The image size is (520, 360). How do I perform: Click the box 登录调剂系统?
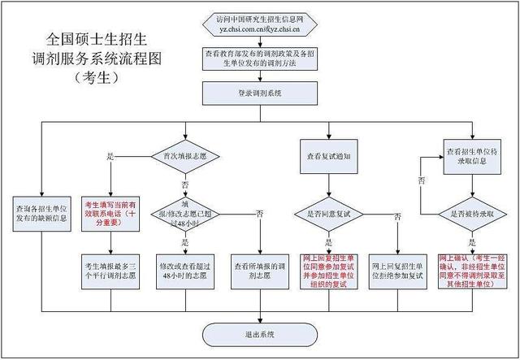click(260, 94)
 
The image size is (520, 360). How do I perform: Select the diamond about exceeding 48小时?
click(186, 214)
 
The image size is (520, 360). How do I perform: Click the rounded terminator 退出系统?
click(260, 334)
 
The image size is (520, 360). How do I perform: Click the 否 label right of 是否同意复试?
click(396, 217)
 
